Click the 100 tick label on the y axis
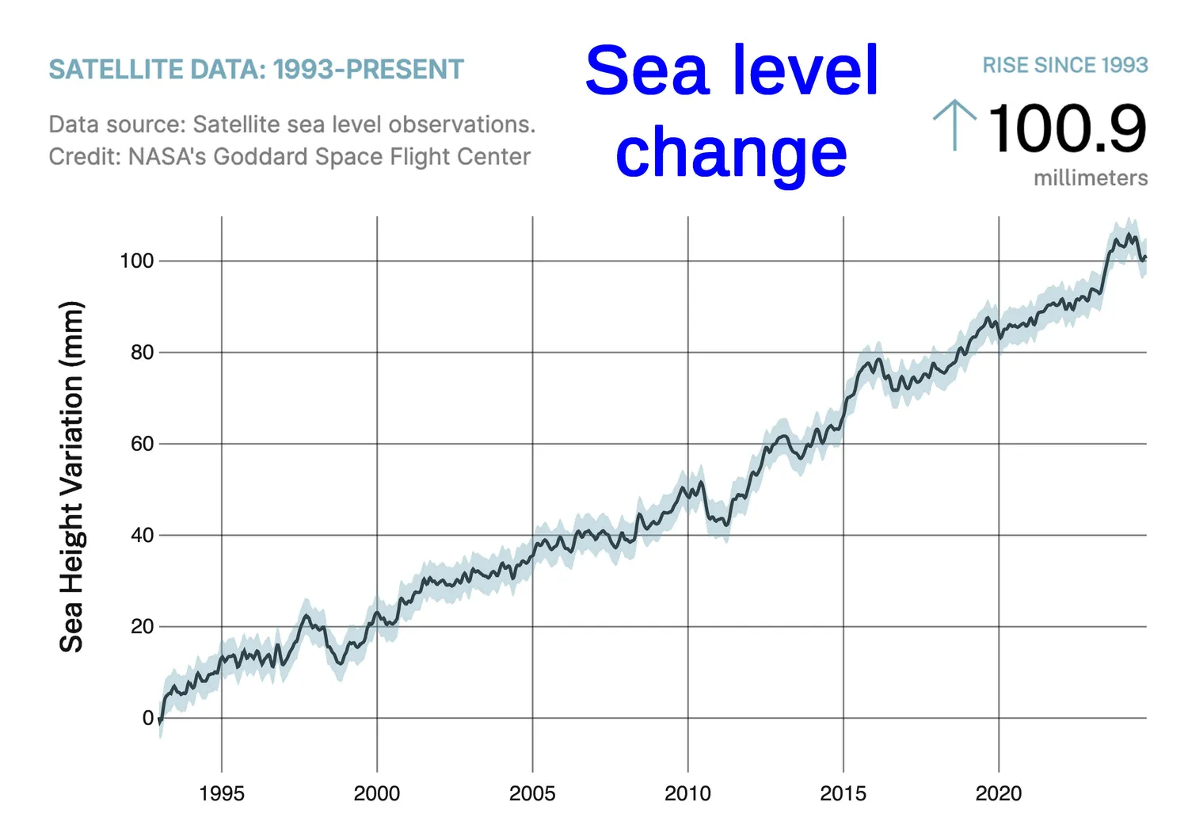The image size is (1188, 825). coord(136,261)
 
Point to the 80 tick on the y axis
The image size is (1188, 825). coord(142,353)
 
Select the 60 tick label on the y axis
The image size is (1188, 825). coord(142,444)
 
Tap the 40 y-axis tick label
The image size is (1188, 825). coord(142,535)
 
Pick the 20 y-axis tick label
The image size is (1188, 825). coord(142,626)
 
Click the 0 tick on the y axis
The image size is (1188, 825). coord(147,718)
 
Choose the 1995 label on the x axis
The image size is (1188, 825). coord(222,793)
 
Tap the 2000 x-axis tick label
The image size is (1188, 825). coord(377,793)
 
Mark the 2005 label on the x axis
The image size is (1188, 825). coord(532,793)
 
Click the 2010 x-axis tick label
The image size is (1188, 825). coord(687,793)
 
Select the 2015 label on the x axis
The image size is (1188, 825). coord(843,793)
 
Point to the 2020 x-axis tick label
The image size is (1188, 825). coord(998,793)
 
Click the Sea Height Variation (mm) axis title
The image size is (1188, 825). coord(71,476)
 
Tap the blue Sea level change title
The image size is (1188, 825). coord(732,111)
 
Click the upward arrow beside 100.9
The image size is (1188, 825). coord(954,124)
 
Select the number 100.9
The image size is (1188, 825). coord(1067,128)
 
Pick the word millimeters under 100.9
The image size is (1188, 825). coord(1090,178)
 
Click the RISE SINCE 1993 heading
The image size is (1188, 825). coord(1064,65)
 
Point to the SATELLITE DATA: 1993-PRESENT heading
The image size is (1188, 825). coord(256,70)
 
